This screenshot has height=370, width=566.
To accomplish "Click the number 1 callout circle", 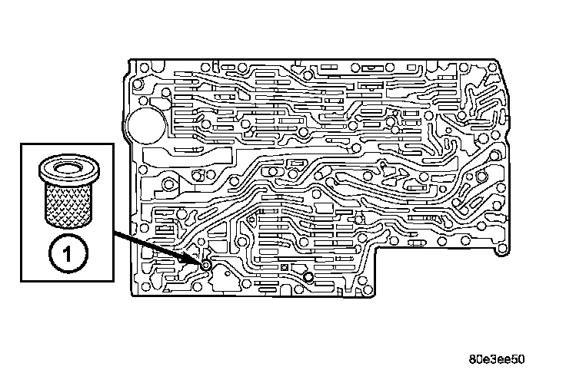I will click(65, 252).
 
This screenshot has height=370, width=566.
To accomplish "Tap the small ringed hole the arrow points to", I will click(207, 265).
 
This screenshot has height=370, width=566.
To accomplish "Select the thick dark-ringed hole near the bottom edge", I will click(308, 277).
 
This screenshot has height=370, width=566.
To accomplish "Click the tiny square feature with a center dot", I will click(285, 268).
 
